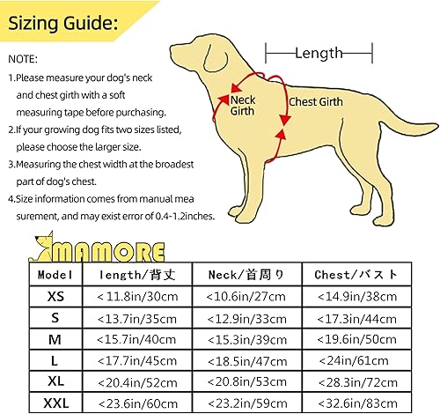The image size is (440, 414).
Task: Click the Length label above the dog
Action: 318,54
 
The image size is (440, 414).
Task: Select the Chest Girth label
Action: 316,101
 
